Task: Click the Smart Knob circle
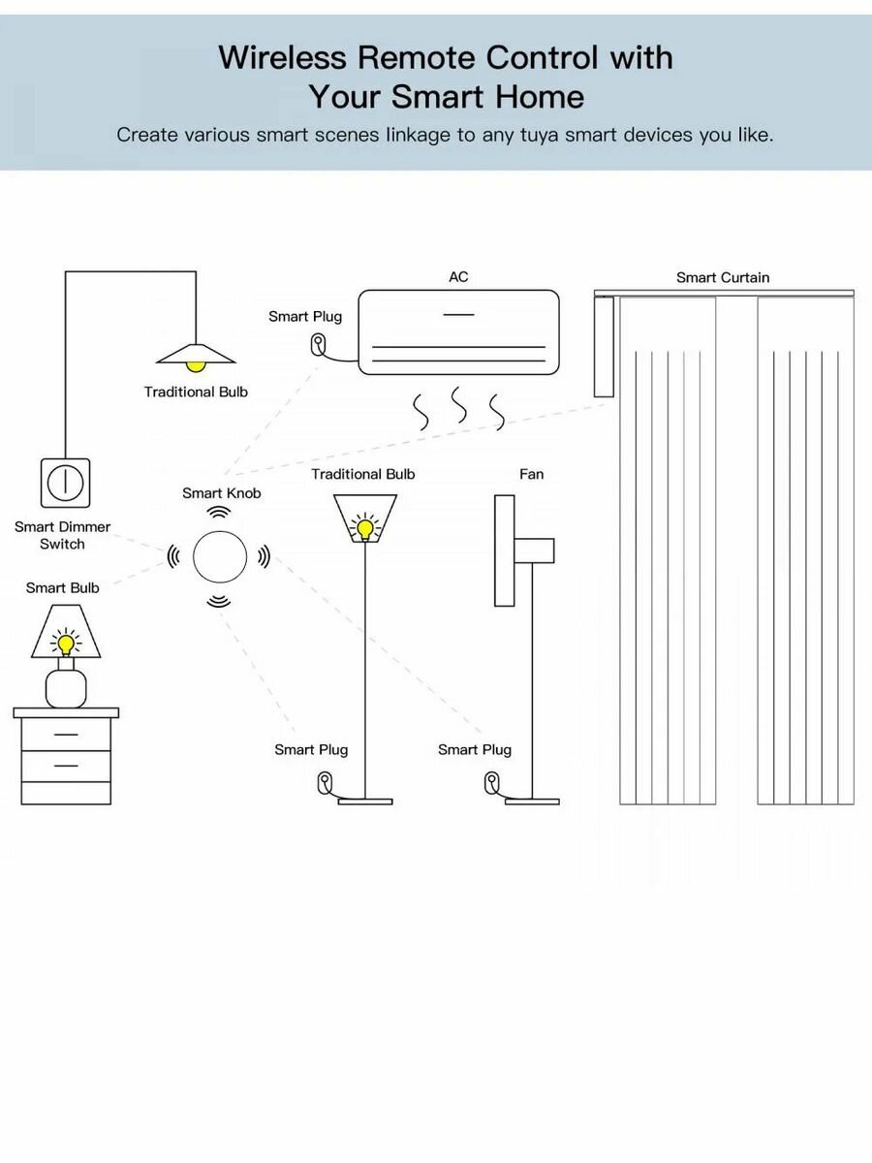[221, 557]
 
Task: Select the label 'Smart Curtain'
[722, 278]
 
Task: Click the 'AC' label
[458, 277]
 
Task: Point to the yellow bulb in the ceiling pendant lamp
[197, 365]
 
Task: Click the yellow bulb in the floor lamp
[364, 529]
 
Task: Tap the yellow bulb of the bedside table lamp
[66, 643]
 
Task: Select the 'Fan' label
[532, 474]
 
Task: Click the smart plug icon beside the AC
[318, 343]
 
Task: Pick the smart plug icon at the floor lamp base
[324, 781]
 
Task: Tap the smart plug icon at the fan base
[492, 781]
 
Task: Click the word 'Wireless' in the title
[281, 58]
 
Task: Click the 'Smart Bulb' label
[63, 587]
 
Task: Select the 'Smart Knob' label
[222, 493]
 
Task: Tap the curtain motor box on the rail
[605, 346]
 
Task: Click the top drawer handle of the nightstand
[66, 735]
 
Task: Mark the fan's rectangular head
[504, 550]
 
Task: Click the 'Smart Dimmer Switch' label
[63, 535]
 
